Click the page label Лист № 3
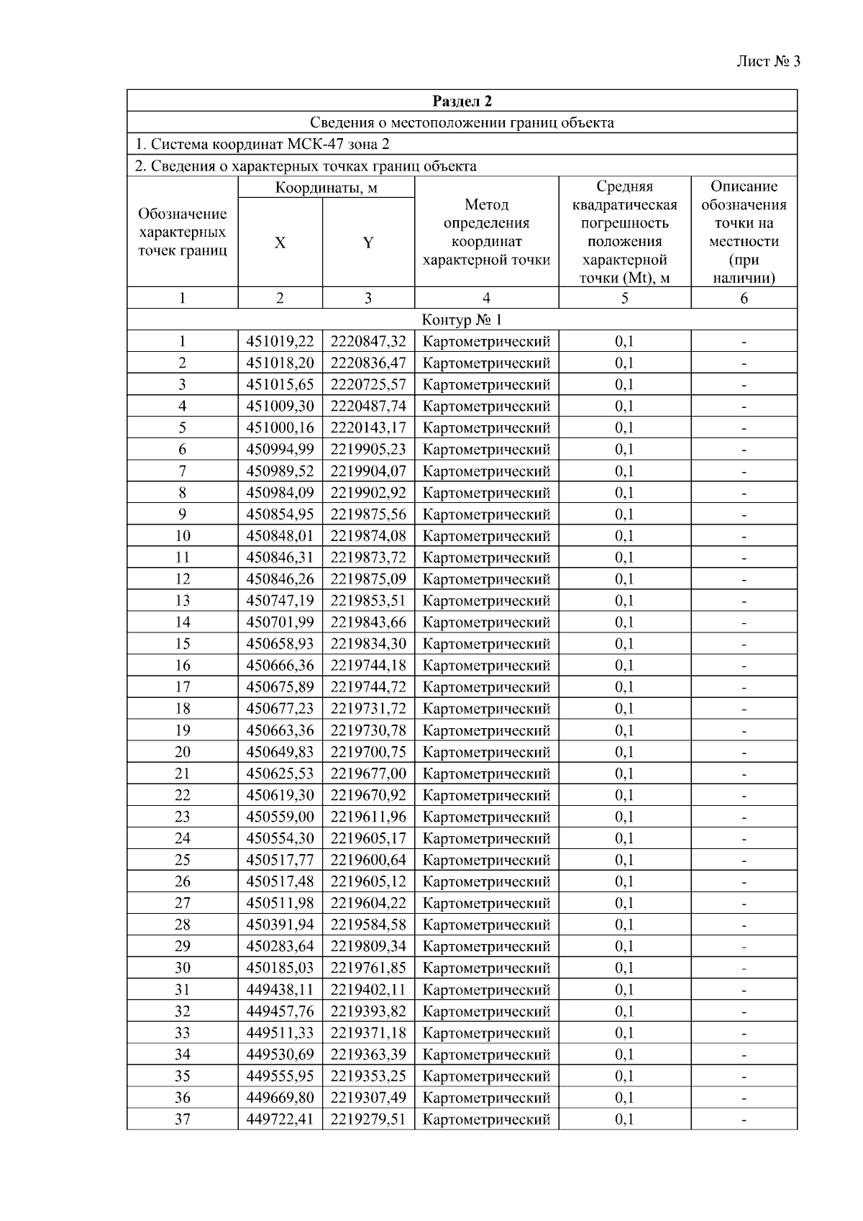768,61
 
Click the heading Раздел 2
462,101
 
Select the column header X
280,242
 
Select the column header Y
368,242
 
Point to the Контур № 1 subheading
462,319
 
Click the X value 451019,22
280,341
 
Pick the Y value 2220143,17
368,427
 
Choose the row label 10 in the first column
183,536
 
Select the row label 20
183,752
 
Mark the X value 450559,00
280,817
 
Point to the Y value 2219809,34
368,946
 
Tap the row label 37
183,1119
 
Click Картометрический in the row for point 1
486,341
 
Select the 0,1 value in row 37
624,1119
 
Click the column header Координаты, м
326,189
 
